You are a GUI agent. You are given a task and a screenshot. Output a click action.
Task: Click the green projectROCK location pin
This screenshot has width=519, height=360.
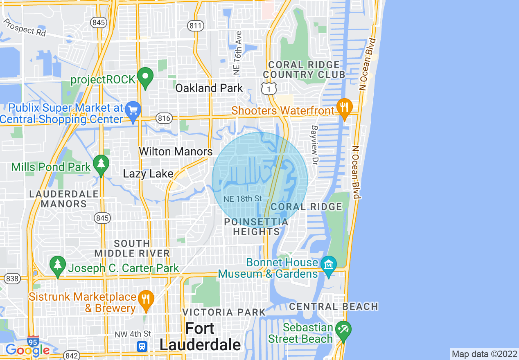tap(145, 76)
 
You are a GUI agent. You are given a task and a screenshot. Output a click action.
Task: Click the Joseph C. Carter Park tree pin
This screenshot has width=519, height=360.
tap(58, 265)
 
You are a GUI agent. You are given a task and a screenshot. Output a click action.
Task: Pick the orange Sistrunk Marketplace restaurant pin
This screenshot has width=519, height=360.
tap(146, 299)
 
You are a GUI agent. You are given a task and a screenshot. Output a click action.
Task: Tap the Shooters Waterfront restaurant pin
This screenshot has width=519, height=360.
tap(344, 108)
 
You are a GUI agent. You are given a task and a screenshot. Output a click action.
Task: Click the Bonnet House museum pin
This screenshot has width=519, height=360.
tap(329, 265)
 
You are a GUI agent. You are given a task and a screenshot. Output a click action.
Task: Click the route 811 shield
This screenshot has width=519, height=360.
tap(196, 26)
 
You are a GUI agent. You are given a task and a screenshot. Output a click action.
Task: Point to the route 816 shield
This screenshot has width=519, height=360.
tap(163, 118)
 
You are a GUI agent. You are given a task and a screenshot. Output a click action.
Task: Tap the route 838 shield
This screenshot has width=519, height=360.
tap(12, 279)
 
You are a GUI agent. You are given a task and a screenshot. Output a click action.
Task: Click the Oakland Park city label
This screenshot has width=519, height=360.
tap(209, 88)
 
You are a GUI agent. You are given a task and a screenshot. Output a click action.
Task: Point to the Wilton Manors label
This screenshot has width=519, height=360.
tap(176, 151)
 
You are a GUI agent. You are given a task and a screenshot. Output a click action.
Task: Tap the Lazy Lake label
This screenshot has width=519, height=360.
tap(148, 174)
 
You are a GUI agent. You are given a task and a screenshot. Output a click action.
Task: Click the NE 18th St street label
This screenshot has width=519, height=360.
tap(243, 199)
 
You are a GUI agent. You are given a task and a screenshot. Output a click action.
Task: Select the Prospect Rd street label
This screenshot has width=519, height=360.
tap(25, 28)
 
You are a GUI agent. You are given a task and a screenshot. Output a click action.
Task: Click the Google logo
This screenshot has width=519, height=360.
tap(27, 350)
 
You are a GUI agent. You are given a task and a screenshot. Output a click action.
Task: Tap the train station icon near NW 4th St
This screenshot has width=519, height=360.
tap(142, 346)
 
